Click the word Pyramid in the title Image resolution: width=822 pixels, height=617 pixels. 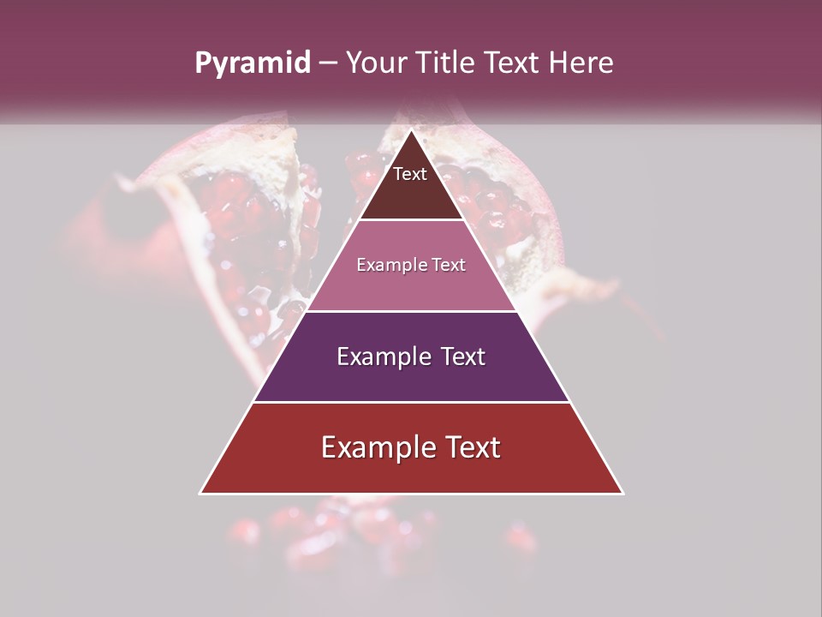click(252, 63)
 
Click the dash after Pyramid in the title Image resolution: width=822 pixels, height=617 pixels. click(327, 63)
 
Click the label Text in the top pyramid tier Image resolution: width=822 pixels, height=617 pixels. click(410, 174)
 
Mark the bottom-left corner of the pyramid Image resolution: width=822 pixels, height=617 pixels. click(200, 493)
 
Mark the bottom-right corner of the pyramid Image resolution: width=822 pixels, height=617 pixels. click(622, 493)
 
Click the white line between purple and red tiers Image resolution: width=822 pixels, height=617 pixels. click(411, 402)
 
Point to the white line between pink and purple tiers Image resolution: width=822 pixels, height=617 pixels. click(411, 311)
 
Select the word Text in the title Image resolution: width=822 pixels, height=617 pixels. click(512, 63)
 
